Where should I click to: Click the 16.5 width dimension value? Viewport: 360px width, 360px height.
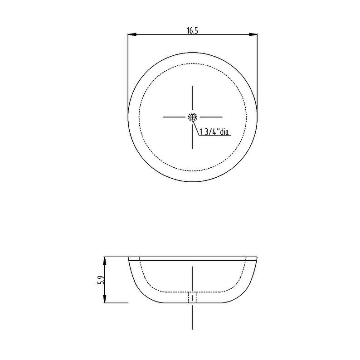click(192, 30)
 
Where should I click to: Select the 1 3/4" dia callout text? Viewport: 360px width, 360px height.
click(214, 132)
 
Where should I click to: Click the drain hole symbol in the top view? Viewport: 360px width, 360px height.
click(193, 117)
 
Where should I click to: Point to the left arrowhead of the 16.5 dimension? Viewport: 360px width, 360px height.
click(132, 34)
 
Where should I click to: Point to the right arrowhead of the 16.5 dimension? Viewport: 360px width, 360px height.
click(253, 34)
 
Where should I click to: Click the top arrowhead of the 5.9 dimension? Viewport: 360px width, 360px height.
click(105, 261)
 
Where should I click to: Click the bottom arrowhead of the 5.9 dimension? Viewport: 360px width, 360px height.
click(105, 298)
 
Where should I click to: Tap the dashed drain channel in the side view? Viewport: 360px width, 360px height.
click(193, 297)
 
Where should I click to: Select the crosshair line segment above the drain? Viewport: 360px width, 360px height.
click(193, 98)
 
